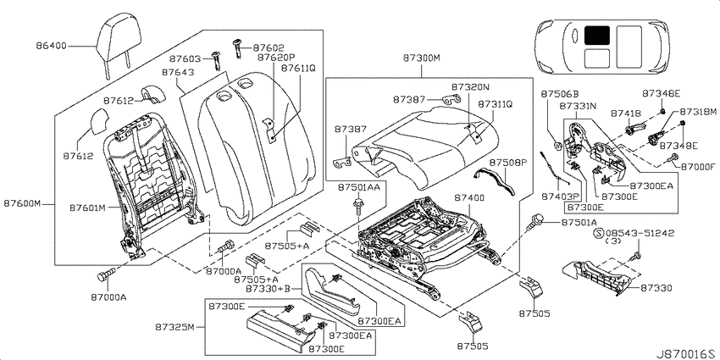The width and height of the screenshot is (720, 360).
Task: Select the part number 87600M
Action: (24, 203)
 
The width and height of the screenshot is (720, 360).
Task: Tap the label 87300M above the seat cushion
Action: (422, 58)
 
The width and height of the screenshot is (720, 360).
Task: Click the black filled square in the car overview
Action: (597, 35)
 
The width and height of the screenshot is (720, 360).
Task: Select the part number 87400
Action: (469, 198)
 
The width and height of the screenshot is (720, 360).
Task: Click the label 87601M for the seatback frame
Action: (88, 208)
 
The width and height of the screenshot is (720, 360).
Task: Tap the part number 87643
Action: (178, 73)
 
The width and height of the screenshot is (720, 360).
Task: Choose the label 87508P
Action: (507, 163)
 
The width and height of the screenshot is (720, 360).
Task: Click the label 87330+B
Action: (267, 288)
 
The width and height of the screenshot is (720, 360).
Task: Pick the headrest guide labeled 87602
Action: (239, 47)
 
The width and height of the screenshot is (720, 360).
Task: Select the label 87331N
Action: (578, 106)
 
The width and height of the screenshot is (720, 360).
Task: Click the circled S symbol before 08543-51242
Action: (599, 233)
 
